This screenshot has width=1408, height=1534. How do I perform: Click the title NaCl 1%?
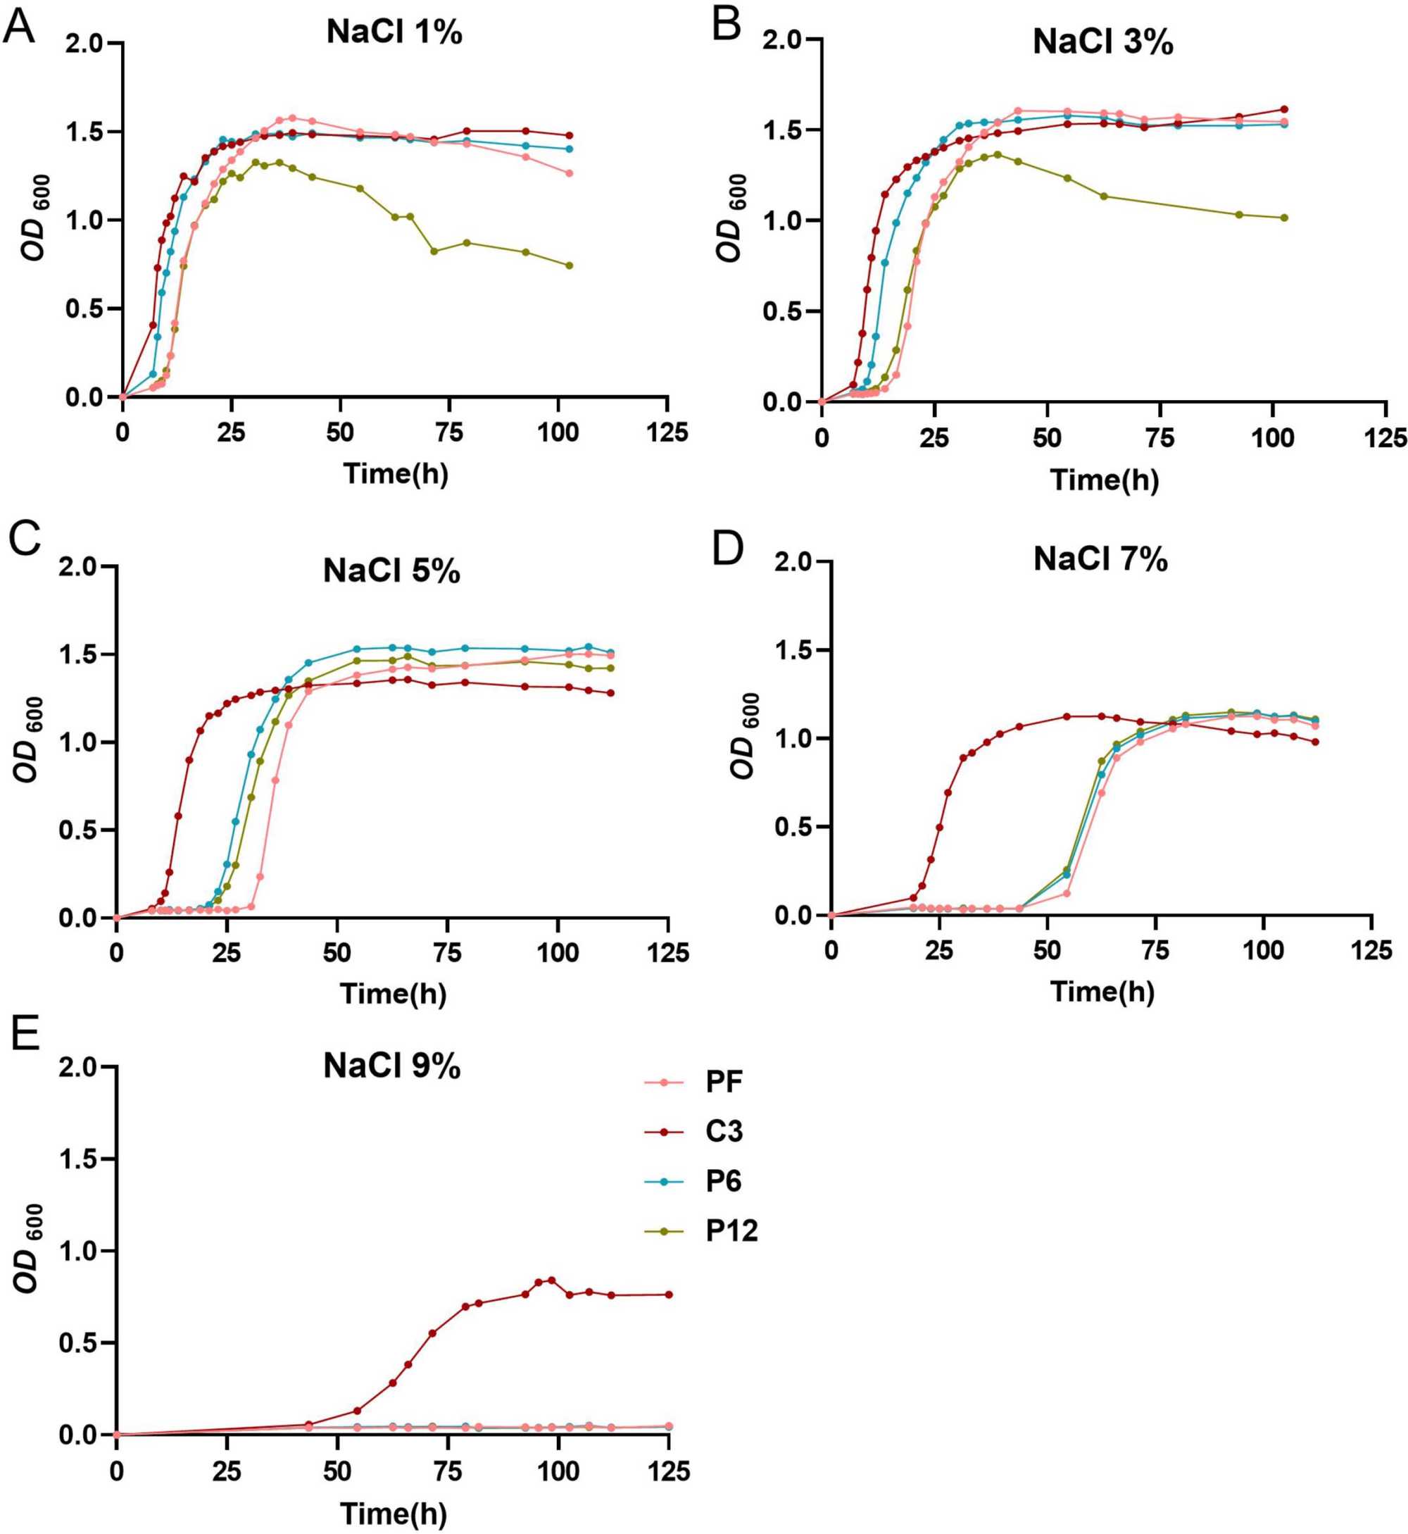pos(394,33)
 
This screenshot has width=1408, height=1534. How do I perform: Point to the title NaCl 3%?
pos(1102,42)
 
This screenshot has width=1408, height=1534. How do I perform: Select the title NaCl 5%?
pos(391,570)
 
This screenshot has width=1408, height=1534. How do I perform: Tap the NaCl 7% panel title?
pos(1100,560)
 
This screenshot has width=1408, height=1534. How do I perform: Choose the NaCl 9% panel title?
pos(391,1066)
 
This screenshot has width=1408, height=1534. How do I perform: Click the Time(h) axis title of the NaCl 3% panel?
pos(1104,480)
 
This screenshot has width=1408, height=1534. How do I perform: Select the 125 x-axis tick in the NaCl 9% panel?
pos(668,1471)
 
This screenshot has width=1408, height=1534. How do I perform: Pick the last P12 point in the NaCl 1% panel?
pos(569,266)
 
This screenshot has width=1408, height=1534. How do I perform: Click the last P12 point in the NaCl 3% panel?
pos(1284,218)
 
